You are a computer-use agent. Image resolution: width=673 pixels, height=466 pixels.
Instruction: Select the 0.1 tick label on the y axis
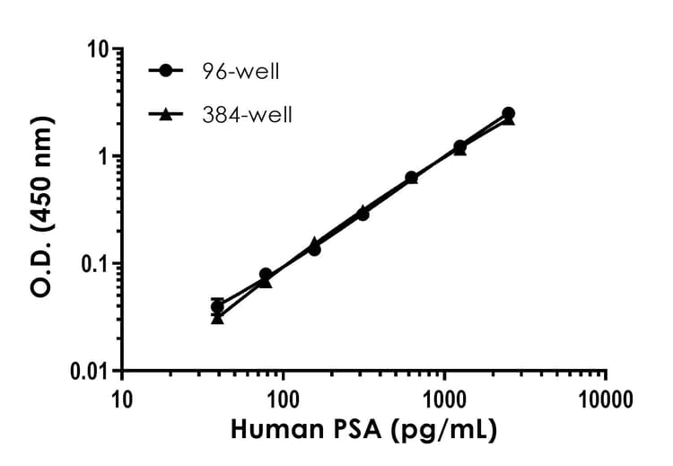[x=95, y=263]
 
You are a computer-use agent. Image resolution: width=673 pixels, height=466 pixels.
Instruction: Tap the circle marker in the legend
[x=167, y=71]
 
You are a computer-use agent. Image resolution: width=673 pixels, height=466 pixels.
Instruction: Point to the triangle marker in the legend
[x=167, y=114]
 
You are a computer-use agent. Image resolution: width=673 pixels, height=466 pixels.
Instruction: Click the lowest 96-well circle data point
[x=217, y=307]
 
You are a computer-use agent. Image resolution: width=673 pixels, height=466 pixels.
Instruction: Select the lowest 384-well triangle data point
[x=217, y=318]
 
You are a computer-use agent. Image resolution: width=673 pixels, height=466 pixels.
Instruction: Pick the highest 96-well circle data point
[x=509, y=113]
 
